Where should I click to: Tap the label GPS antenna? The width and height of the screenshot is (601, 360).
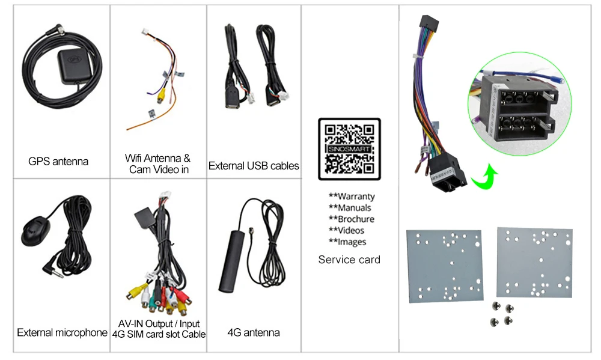tap(58, 161)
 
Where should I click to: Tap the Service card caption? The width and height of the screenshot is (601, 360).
tap(349, 260)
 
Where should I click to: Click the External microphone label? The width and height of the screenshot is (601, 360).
tap(62, 332)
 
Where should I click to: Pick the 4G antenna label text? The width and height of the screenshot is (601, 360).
tap(254, 332)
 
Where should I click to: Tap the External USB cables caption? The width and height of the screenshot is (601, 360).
tap(254, 166)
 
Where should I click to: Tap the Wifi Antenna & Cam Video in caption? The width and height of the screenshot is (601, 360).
tap(158, 163)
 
